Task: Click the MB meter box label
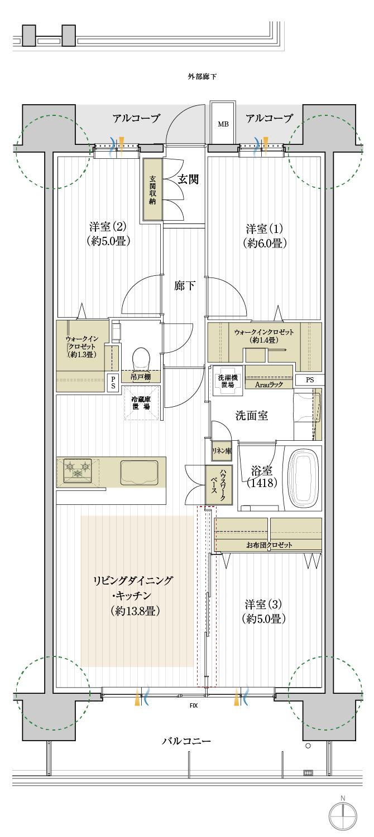pyautogui.click(x=223, y=123)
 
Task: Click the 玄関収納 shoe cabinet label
pyautogui.click(x=152, y=190)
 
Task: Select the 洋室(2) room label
pyautogui.click(x=108, y=234)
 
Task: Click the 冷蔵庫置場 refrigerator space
pyautogui.click(x=140, y=403)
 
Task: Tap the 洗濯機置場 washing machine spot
pyautogui.click(x=227, y=381)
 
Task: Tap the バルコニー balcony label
pyautogui.click(x=186, y=741)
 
